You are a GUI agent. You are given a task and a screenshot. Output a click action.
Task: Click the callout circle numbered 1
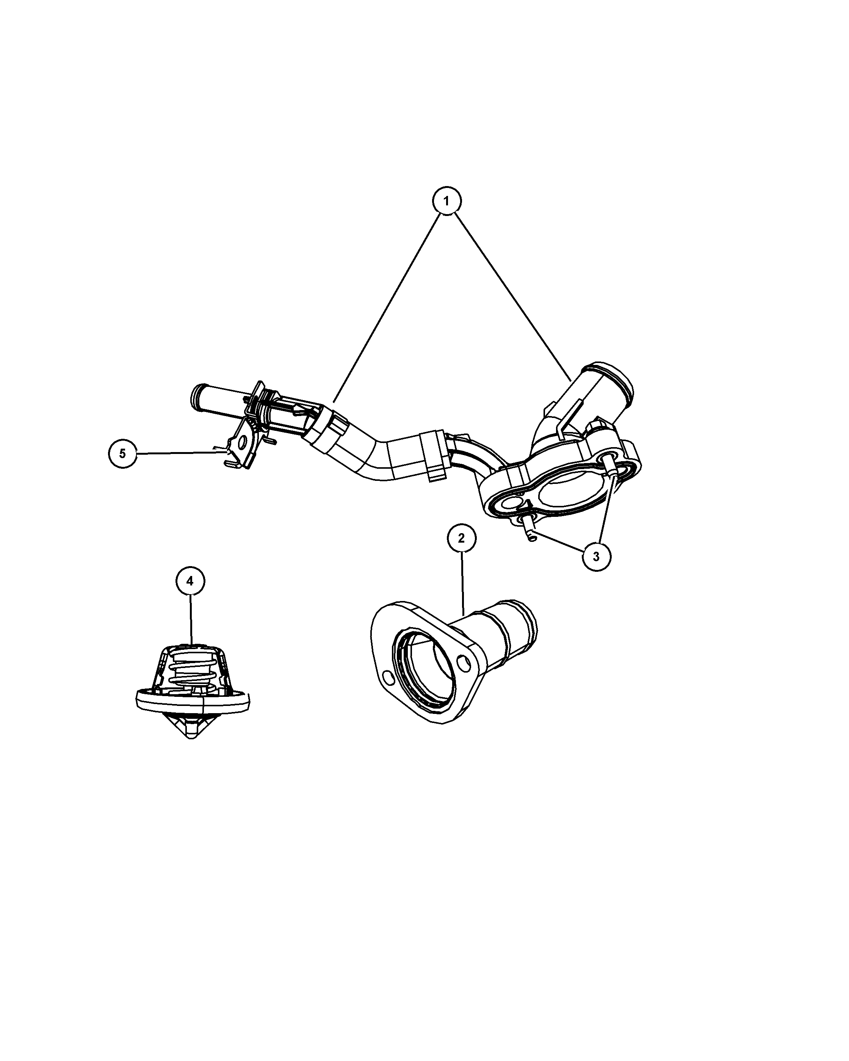click(446, 201)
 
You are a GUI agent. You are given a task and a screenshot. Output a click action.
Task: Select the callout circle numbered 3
click(596, 557)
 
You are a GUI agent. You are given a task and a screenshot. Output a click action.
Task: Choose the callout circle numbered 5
click(122, 453)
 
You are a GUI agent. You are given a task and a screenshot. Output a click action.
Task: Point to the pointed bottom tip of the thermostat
click(191, 753)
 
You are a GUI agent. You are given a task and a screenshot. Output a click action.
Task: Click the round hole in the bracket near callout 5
click(242, 444)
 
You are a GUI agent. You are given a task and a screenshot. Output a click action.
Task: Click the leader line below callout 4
click(191, 620)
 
